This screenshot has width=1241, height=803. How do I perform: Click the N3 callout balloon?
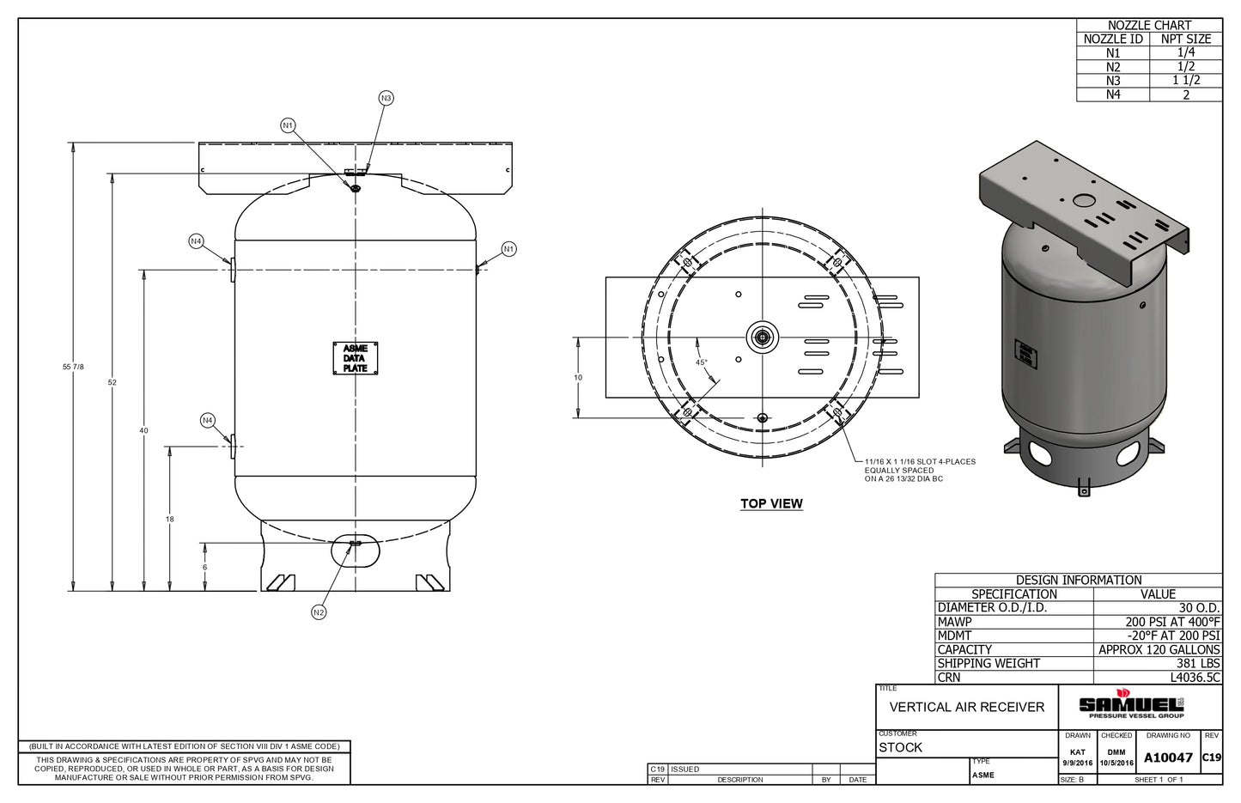pos(386,98)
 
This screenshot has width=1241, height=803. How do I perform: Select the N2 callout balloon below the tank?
pos(319,612)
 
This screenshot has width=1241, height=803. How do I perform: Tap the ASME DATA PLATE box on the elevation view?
pos(356,358)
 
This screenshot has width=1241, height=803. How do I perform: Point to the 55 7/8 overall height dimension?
pos(73,367)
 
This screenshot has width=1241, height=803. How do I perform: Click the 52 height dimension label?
pos(113,382)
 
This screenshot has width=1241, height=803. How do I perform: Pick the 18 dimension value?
pos(169,520)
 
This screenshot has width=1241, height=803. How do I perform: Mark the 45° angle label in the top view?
pos(702,362)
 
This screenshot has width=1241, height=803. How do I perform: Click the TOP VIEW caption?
pos(772,504)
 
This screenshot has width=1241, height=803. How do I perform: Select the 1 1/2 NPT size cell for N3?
pos(1186,81)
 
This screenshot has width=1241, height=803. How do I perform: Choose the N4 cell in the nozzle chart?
pos(1113,94)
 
